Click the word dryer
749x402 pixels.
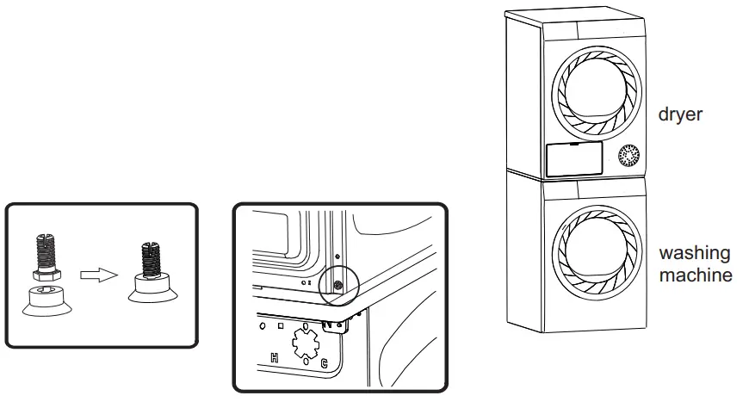click(680, 114)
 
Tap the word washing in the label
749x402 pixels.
click(694, 254)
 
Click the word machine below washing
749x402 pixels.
click(696, 275)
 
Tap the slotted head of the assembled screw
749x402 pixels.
click(149, 250)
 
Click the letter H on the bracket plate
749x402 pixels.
click(274, 357)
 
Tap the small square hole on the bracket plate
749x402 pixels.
click(280, 327)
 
